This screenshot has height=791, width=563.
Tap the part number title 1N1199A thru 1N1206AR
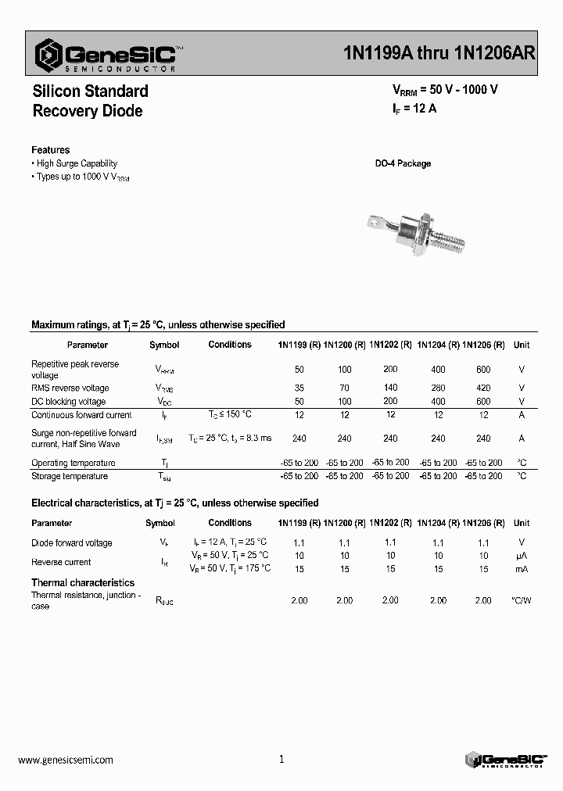click(x=439, y=53)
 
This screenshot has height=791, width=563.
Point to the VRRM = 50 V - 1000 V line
click(x=444, y=89)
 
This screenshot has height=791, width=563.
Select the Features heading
click(x=50, y=149)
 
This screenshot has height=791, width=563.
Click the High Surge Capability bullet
click(x=77, y=163)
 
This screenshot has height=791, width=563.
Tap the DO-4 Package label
click(x=403, y=163)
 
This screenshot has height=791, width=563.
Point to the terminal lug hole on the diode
click(x=373, y=225)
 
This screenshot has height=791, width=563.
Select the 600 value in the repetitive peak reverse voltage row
click(x=483, y=369)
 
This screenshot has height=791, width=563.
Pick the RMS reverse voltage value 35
click(x=299, y=388)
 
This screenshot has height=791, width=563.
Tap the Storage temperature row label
click(x=69, y=476)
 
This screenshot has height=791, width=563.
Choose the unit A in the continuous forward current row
click(x=522, y=415)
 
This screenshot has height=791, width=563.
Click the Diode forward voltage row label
click(x=71, y=542)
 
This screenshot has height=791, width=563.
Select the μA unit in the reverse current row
click(x=522, y=556)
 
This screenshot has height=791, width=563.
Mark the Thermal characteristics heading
click(x=82, y=582)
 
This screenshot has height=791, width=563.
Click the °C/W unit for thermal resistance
click(x=522, y=600)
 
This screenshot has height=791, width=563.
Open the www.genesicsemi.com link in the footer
click(x=65, y=760)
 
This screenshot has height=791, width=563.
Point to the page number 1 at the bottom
click(x=281, y=759)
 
